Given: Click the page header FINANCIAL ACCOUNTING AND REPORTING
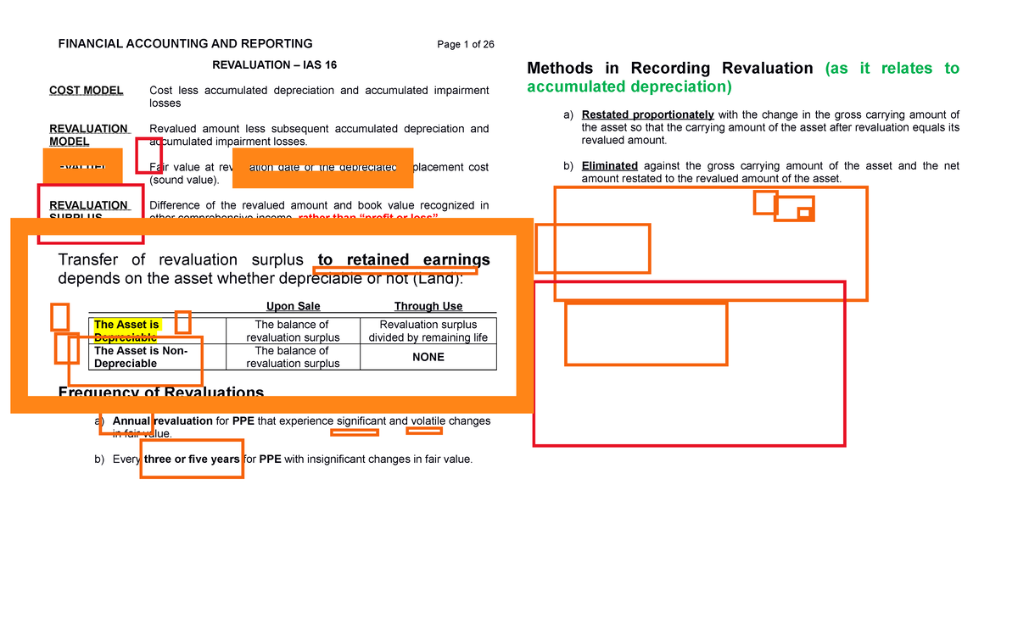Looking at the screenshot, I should [x=185, y=44].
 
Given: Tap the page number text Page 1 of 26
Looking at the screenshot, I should [x=466, y=45].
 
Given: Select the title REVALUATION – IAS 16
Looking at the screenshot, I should [x=268, y=65].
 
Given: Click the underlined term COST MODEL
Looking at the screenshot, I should [x=86, y=91].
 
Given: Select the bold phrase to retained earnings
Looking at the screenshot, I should [x=404, y=259].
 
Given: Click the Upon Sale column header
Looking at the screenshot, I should [x=293, y=306].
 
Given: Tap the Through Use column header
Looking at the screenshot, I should [x=428, y=306].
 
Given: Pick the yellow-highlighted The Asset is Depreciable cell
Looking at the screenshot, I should [x=126, y=325].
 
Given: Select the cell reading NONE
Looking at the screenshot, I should [x=428, y=357].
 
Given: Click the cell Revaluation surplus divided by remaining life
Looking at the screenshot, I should [x=428, y=331].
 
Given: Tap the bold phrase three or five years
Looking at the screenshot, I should [x=192, y=459].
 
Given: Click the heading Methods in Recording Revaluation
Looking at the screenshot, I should [x=670, y=69].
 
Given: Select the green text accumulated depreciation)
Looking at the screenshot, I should [x=628, y=87].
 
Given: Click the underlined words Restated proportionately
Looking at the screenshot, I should [x=648, y=115].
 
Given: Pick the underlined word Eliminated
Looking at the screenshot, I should [x=609, y=166].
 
